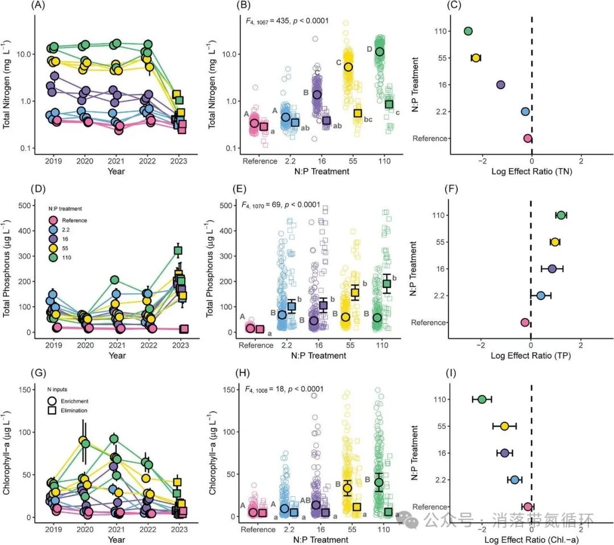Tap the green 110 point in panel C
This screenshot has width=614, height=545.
click(468, 31)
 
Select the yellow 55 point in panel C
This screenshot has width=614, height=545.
click(476, 57)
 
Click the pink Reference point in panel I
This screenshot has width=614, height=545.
click(528, 506)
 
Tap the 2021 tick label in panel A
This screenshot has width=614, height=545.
click(117, 160)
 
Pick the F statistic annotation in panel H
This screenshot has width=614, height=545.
click(284, 389)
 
